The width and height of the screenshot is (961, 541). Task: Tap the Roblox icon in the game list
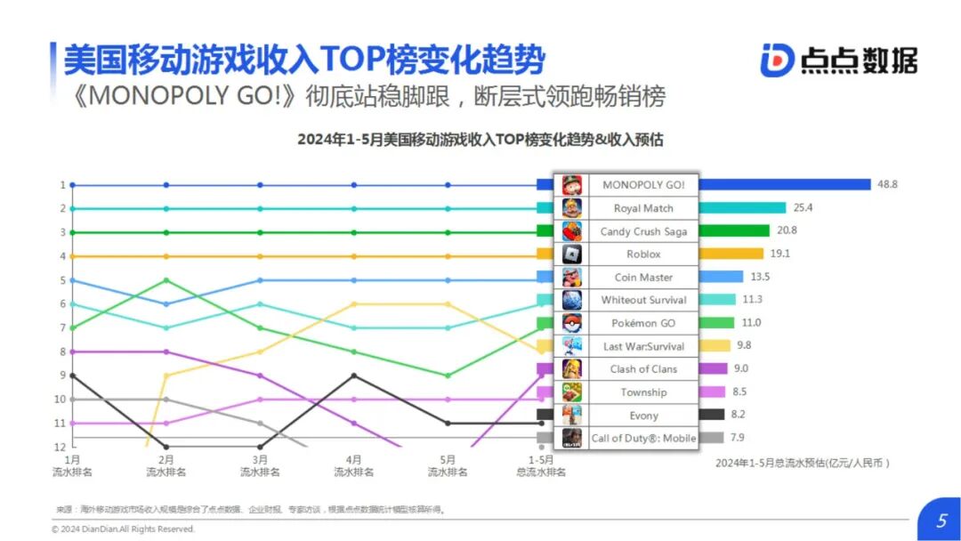click(571, 254)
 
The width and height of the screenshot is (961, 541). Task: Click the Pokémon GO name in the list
click(642, 323)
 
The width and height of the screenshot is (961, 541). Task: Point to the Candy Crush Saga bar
click(734, 230)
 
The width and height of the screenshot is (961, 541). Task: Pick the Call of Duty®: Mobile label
click(642, 438)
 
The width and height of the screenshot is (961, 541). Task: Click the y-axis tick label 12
click(61, 446)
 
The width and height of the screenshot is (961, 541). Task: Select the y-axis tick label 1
click(62, 185)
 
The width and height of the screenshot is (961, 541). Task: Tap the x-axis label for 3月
click(260, 465)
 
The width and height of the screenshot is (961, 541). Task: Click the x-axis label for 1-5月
click(542, 465)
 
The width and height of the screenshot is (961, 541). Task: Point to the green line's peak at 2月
click(166, 280)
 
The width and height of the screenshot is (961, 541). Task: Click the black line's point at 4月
click(354, 375)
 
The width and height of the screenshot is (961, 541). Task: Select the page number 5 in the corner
click(941, 521)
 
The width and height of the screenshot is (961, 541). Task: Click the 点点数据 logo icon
click(777, 60)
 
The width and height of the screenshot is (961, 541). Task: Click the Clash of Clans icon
click(571, 369)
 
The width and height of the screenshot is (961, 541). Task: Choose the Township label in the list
click(642, 392)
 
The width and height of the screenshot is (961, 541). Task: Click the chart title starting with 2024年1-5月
click(480, 140)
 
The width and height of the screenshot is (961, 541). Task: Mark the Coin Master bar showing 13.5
click(721, 277)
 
